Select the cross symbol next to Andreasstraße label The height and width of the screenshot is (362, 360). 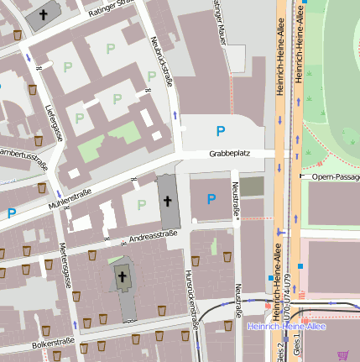point(167,202)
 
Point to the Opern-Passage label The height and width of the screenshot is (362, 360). point(334,177)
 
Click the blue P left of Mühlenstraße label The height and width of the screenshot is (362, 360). point(12,213)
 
